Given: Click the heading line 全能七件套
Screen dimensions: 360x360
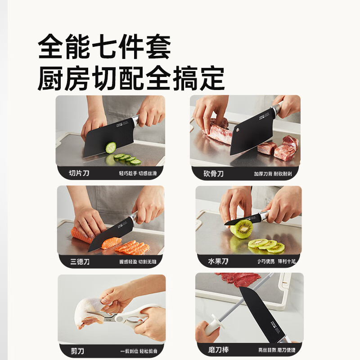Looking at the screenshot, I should click(104, 48).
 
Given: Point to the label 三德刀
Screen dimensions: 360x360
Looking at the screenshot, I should click(80, 261).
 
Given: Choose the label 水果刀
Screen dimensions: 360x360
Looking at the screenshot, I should click(219, 261).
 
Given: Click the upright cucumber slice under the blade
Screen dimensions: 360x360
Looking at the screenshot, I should click(111, 148).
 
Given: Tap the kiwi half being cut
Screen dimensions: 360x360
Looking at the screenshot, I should click(241, 229).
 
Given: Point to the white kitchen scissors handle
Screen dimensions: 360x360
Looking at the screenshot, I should click(135, 318).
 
